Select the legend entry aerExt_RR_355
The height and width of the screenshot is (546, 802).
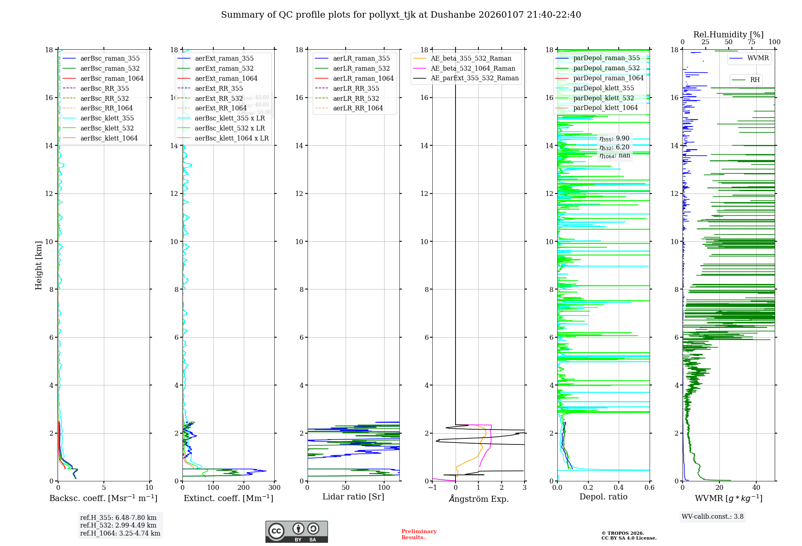pos(219,88)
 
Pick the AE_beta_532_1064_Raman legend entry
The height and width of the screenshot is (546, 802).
pos(473,68)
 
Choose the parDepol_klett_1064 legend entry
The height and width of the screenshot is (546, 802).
pos(606,108)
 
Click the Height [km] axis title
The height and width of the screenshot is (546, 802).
pos(38,265)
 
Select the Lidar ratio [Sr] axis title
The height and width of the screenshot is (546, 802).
pos(353,497)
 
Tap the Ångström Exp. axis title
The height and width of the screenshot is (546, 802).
pos(479,499)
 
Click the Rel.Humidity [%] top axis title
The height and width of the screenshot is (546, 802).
pos(728,35)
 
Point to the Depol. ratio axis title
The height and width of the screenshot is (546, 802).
pos(603,497)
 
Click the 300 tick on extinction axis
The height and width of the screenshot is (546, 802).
pos(275,488)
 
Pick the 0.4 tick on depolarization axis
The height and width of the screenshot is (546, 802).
pos(619,488)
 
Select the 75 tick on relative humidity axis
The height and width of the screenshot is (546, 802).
pos(751,42)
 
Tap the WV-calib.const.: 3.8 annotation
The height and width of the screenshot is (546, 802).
pos(713,517)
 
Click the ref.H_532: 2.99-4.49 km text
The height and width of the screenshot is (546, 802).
pos(118,526)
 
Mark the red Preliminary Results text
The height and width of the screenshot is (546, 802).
pos(419,534)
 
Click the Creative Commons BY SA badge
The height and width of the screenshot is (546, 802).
pos(296,532)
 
